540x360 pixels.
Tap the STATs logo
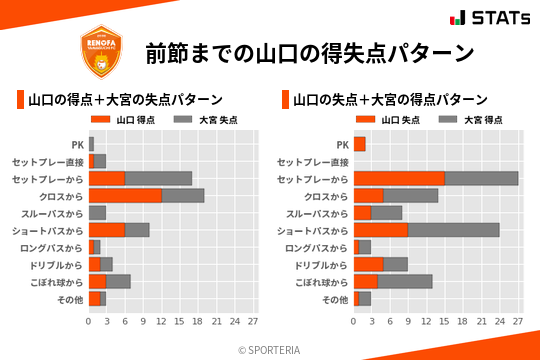pyautogui.click(x=489, y=18)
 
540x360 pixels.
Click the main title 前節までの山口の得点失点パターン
pyautogui.click(x=308, y=52)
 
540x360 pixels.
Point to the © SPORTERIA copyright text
pyautogui.click(x=270, y=349)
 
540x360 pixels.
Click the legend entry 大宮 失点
pyautogui.click(x=197, y=120)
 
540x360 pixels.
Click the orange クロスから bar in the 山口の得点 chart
pyautogui.click(x=125, y=195)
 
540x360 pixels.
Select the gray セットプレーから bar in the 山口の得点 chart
pyautogui.click(x=158, y=178)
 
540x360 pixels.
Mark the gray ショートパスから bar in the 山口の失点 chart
pyautogui.click(x=453, y=230)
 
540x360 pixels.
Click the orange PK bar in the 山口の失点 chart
pyautogui.click(x=359, y=144)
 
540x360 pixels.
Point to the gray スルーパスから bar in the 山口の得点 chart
pyautogui.click(x=97, y=213)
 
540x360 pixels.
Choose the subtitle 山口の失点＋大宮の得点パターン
pyautogui.click(x=390, y=100)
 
